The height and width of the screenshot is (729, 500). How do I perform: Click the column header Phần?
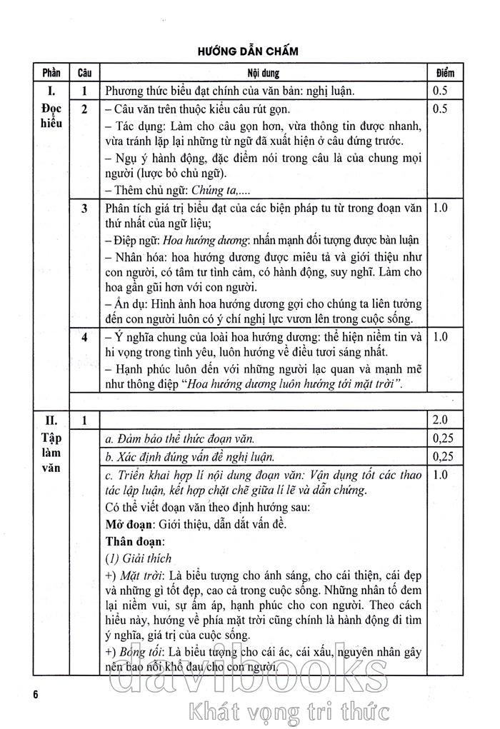(51, 73)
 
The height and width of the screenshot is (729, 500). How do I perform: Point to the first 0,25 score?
(444, 438)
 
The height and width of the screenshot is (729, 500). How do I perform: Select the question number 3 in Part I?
(84, 208)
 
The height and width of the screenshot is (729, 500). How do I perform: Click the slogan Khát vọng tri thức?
(286, 710)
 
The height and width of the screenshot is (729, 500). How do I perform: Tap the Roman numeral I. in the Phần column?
(51, 91)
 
